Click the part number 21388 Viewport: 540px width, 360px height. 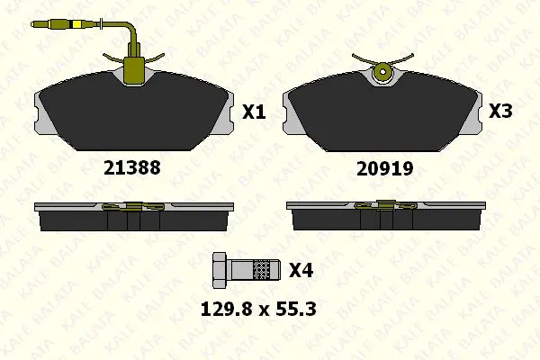132,167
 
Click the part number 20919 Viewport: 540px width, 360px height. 384,169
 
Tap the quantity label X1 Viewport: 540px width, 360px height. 254,112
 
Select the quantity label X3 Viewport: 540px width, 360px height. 500,111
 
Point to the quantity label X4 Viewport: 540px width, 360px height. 301,270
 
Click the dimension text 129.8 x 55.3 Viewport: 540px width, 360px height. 258,309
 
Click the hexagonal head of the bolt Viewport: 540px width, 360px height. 219,270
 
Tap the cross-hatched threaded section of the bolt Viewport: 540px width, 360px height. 261,270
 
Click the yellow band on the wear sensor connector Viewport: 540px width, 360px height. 76,24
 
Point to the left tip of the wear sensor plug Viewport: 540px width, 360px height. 31,24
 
